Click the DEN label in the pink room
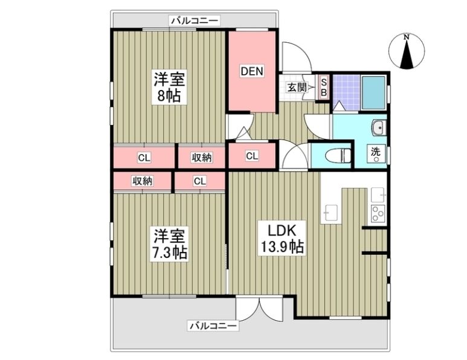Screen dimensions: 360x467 (x=252, y=71)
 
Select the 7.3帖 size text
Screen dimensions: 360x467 (x=169, y=252)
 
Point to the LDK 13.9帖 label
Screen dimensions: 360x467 (x=281, y=238)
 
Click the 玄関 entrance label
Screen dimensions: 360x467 (x=296, y=88)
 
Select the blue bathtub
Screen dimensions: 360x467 (x=373, y=92)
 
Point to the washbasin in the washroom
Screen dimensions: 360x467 (x=379, y=127)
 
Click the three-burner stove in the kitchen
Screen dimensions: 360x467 (x=378, y=213)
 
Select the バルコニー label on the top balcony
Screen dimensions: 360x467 (x=195, y=21)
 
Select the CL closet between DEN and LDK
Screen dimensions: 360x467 (x=252, y=156)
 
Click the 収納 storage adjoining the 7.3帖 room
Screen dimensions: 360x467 (x=143, y=181)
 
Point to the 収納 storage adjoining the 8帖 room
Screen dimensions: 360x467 (x=202, y=158)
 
